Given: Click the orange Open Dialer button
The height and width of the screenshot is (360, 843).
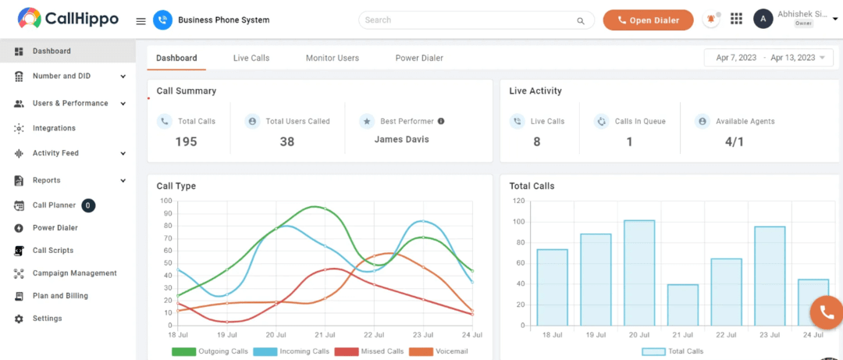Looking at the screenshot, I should pos(648,20).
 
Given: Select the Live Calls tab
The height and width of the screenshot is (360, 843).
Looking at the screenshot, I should pos(251,58).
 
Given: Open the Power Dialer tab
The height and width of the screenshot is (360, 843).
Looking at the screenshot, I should pos(419,58).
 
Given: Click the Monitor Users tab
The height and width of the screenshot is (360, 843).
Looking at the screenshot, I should pos(332,58).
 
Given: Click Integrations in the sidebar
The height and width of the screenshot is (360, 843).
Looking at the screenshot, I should pos(54,128).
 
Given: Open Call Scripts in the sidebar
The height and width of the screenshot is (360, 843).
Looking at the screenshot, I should pos(53,251).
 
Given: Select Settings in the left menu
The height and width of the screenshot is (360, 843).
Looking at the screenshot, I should pos(47,319).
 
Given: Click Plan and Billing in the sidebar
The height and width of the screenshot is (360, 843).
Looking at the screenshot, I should pos(60,296).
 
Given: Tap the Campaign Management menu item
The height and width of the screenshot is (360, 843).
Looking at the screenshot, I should pos(74,273).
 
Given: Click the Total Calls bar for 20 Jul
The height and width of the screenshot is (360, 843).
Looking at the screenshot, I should pos(639,273).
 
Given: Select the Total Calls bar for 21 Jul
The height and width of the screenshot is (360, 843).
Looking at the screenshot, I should pos(683,305).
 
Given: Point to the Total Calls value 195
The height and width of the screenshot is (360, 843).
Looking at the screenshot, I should pos(186,141).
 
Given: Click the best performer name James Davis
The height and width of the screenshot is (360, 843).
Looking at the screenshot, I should pos(401,140).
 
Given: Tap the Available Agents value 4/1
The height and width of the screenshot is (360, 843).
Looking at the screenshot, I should pos(734,141).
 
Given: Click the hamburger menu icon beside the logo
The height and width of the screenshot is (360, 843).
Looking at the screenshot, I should pos(140,21).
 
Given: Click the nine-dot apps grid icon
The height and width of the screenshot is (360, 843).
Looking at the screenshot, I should pos(736,20).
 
